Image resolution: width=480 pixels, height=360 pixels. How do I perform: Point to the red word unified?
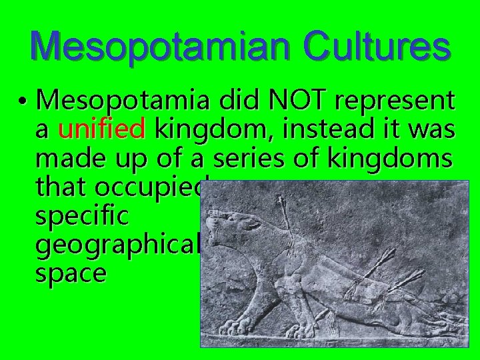click(102, 130)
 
